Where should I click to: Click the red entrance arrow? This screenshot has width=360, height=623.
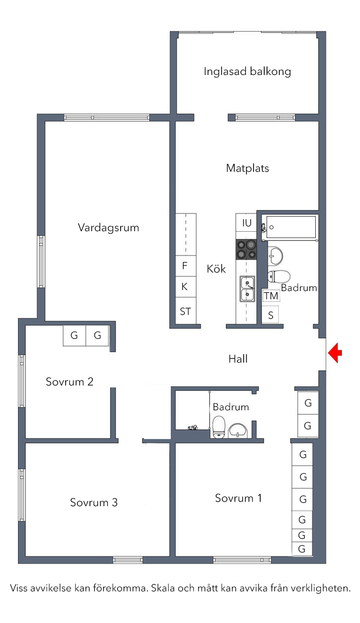click(335, 353)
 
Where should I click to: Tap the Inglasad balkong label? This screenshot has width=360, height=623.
click(248, 72)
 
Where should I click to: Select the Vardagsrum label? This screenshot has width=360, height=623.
click(108, 227)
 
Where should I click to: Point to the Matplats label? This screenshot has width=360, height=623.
click(248, 168)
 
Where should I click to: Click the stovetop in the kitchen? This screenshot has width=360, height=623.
click(246, 250)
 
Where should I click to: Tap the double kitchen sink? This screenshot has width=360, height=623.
click(247, 289)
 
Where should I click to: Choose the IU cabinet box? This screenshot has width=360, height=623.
click(246, 222)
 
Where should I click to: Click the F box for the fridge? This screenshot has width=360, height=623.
click(186, 266)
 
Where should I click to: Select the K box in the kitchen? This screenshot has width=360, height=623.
click(186, 287)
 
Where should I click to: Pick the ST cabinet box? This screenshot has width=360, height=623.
click(186, 311)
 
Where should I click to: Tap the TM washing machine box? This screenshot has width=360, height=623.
click(271, 295)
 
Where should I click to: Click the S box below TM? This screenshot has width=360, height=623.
click(270, 315)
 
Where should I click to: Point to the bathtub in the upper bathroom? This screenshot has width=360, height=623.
click(291, 227)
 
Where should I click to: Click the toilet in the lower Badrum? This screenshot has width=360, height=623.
click(219, 427)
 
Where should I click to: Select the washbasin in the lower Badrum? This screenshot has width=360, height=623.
click(238, 431)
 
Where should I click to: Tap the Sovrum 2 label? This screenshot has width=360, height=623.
click(70, 382)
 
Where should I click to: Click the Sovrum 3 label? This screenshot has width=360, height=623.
click(94, 502)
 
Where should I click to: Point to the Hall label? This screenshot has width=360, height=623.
click(238, 359)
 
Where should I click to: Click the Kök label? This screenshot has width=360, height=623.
click(216, 269)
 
